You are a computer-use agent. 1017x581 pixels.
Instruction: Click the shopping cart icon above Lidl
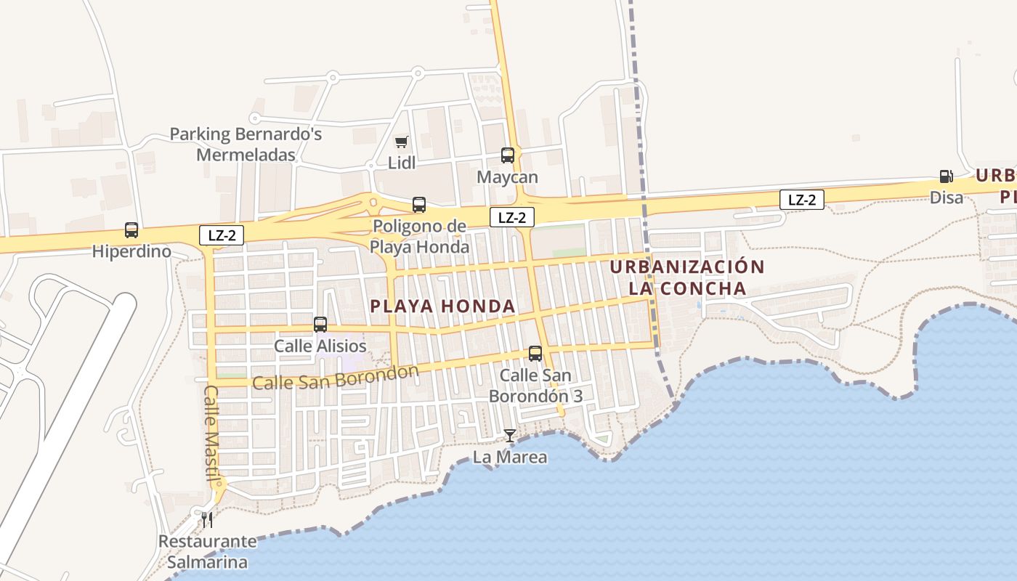pos(401,142)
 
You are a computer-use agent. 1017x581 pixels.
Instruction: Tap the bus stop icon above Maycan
pos(508,155)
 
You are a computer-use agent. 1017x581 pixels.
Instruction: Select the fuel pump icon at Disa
pos(946,176)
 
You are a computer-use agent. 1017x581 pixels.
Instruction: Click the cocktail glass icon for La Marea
pos(510,435)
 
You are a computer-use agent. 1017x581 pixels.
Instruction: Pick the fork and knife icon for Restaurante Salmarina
pos(208,519)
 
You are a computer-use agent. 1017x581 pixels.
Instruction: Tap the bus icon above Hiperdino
pos(131,230)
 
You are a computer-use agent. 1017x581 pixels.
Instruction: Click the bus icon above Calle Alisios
pos(320,325)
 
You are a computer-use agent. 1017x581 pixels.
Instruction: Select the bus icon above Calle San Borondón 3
pos(535,354)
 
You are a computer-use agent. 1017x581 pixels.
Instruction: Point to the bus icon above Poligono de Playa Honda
pos(419,205)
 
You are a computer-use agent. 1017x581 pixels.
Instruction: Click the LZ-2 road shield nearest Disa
pos(802,200)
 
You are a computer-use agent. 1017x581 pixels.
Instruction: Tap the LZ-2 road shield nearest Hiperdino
pos(222,235)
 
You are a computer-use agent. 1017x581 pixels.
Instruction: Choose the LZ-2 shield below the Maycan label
pos(512,216)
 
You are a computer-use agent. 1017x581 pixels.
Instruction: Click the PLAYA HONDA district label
pos(443,306)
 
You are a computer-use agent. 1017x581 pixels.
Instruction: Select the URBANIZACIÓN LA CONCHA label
pos(687,277)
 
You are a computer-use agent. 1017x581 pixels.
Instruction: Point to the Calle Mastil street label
pos(211,433)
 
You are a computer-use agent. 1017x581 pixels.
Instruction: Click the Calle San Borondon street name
pos(336,378)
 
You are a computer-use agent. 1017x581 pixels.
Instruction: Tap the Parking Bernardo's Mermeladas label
pos(246,145)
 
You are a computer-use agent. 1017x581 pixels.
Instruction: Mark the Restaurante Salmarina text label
pos(208,552)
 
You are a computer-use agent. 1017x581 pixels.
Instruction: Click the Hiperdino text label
pos(131,252)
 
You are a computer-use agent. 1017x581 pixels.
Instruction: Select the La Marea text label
pos(510,458)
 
